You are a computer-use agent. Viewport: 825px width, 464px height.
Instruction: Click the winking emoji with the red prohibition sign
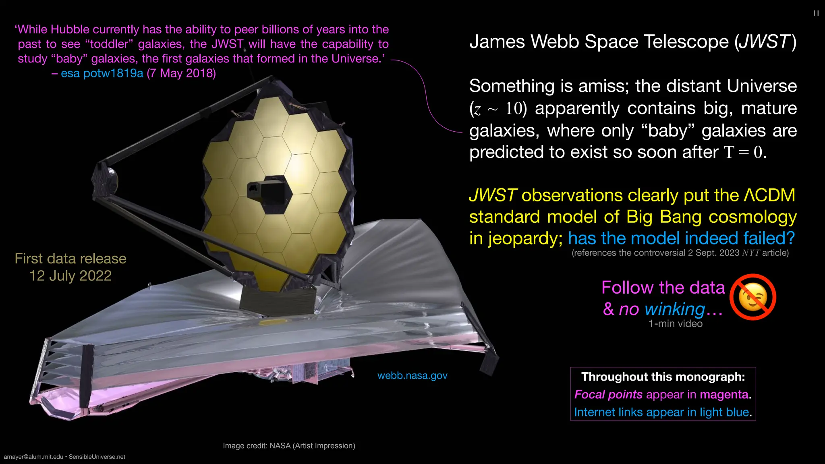[x=752, y=297]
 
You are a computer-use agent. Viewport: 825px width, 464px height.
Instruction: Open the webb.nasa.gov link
[x=412, y=375]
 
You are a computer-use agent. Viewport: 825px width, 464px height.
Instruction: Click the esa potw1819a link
[x=102, y=73]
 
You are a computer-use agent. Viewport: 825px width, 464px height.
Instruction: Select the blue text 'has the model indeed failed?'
[x=681, y=238]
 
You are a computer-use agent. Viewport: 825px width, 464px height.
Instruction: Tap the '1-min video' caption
[x=675, y=324]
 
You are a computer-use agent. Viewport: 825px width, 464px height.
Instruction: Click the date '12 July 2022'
[x=70, y=276]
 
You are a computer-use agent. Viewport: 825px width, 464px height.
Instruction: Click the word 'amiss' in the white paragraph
[x=605, y=86]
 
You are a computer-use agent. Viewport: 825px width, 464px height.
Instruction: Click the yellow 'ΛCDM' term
[x=769, y=195]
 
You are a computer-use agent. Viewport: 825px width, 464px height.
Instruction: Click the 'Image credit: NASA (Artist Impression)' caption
[x=289, y=446]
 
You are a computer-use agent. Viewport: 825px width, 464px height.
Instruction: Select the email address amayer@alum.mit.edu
[x=33, y=457]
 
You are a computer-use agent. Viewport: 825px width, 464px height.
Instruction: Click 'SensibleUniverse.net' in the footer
[x=97, y=457]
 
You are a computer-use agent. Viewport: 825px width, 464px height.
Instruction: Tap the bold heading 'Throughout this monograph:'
[x=663, y=377]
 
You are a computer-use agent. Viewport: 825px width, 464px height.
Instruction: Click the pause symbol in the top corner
[x=816, y=13]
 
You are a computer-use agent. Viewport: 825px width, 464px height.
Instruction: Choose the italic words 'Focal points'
[x=608, y=394]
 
